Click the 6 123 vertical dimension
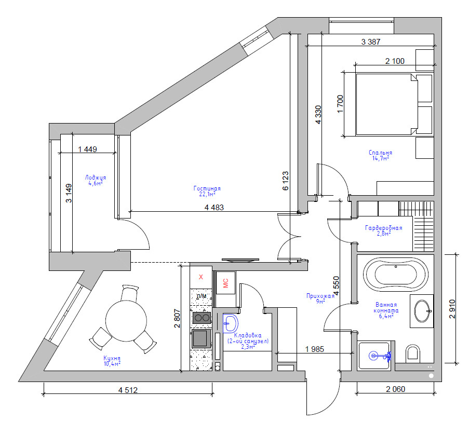(x=285, y=182)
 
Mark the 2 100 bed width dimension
(x=394, y=61)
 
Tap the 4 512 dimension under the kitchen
(x=128, y=390)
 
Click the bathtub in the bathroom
(x=395, y=273)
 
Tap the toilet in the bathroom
(x=413, y=353)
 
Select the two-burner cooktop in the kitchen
(x=202, y=318)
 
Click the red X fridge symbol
(x=201, y=277)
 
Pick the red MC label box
(x=225, y=283)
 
